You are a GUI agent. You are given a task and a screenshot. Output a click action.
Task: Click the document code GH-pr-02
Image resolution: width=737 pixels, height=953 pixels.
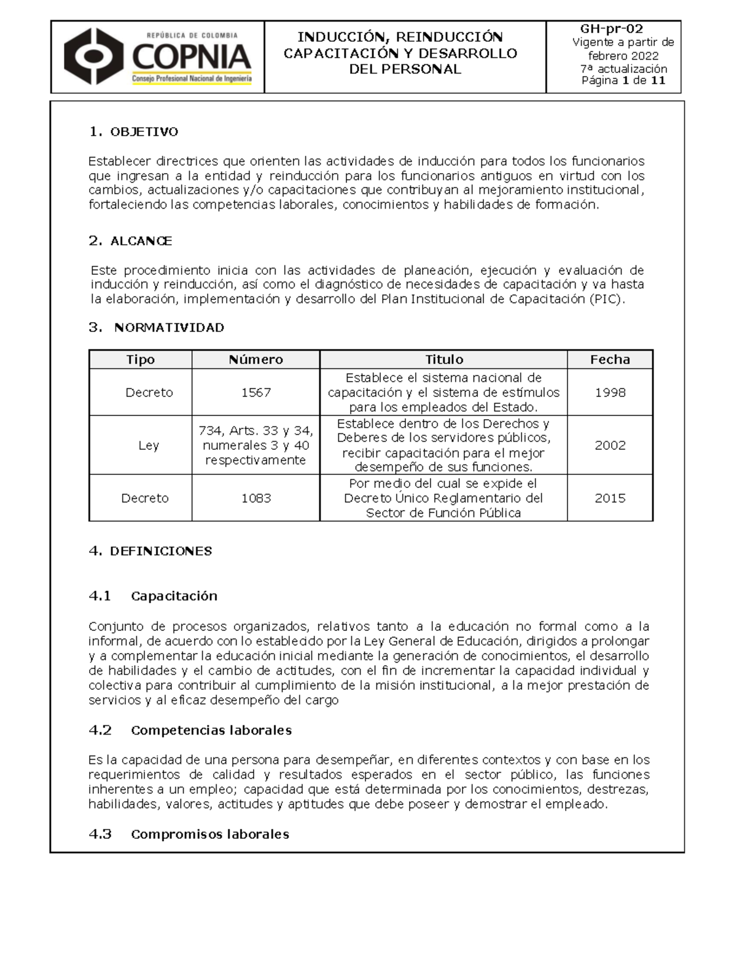(612, 29)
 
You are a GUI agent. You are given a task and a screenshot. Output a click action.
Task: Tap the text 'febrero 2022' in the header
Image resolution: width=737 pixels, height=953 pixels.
(623, 56)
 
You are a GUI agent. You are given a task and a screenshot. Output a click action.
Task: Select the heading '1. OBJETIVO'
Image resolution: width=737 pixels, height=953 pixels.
(133, 132)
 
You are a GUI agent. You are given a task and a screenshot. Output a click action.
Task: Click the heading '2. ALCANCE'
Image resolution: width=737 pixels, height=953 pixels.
(130, 241)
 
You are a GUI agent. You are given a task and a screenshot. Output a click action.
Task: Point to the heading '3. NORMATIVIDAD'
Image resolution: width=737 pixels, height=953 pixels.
(157, 328)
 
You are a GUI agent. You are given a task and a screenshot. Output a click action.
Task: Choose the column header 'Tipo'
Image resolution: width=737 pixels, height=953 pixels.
(140, 360)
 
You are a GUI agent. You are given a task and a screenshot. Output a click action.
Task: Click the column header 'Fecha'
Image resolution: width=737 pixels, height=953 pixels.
(610, 360)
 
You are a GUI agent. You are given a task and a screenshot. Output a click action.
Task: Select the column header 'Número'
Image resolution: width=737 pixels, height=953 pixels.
(255, 360)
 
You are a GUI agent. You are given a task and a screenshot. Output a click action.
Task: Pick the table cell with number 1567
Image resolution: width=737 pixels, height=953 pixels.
(256, 393)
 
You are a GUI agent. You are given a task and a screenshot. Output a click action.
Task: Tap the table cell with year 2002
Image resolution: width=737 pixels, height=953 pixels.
(610, 446)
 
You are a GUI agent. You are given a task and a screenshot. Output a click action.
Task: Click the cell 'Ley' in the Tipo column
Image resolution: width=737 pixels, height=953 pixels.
(149, 446)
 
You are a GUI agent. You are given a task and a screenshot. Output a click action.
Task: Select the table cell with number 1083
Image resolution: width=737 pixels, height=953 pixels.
(256, 498)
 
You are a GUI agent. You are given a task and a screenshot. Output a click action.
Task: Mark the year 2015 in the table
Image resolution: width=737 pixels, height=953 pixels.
(610, 498)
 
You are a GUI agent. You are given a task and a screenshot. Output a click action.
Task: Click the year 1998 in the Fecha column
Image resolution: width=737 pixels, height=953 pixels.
(610, 393)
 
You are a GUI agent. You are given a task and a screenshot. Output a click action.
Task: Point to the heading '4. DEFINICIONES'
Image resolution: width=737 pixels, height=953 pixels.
(150, 551)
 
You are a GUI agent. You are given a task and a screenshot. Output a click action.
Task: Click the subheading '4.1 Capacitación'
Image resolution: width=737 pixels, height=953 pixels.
(154, 596)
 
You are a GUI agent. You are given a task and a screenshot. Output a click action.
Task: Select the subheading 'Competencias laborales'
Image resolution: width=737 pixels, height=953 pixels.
(211, 730)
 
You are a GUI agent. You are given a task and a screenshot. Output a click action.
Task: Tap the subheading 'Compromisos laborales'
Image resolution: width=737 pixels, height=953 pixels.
(209, 835)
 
